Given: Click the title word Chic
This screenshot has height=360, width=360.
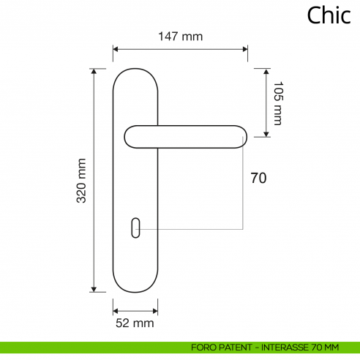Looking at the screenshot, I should pos(329,15).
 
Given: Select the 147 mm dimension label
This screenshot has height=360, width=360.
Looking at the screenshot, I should pos(181,36).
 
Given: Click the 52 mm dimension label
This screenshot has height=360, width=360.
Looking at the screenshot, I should pos(135,322).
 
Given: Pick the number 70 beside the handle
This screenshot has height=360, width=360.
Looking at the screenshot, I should pos(258,178).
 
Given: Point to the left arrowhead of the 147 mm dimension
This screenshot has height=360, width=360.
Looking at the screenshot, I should pos(116,50).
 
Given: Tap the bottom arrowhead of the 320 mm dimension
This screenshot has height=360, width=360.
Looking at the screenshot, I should pos(94,289).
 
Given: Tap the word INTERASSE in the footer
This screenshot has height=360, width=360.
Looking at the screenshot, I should pos(277,347).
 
